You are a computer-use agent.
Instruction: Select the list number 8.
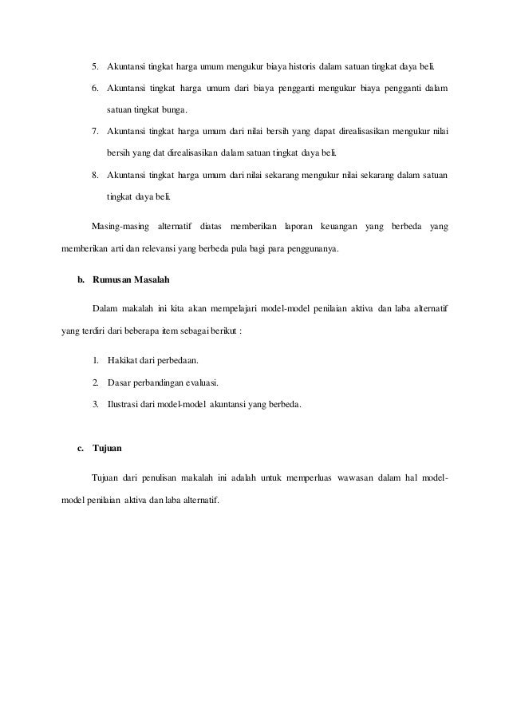pos(95,174)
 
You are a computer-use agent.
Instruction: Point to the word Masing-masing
pos(120,226)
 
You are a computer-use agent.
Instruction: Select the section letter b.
pos(80,281)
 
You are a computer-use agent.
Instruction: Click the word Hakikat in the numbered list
pos(123,359)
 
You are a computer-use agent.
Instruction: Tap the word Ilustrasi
pos(126,404)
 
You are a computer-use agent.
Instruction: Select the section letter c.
pos(80,449)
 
